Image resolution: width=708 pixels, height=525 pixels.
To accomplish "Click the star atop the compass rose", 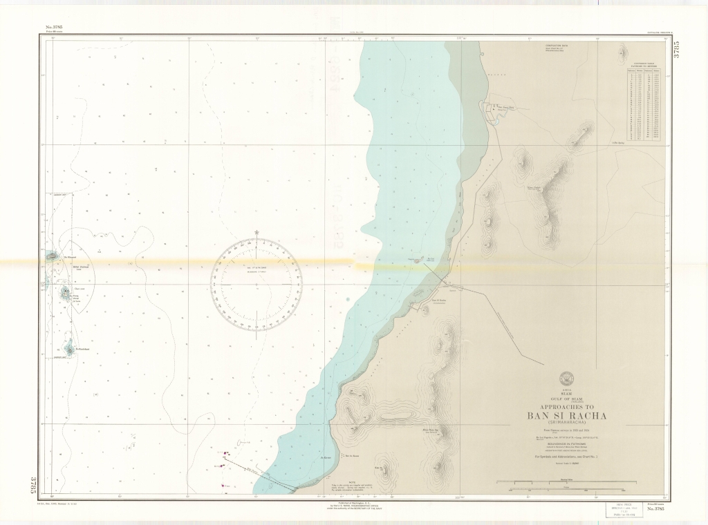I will (257, 231).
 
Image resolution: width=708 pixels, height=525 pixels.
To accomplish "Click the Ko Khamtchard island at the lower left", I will (69, 349).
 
